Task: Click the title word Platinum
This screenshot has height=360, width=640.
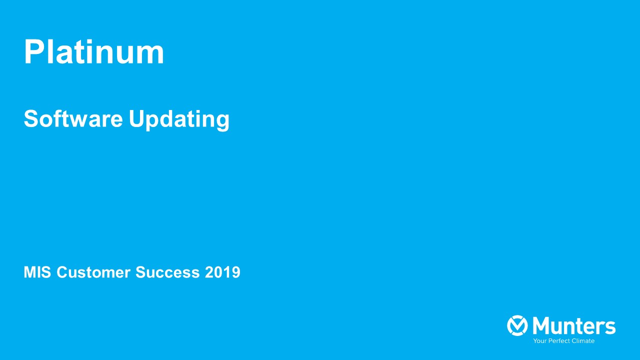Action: click(94, 52)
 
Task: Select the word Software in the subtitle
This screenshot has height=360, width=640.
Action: click(73, 119)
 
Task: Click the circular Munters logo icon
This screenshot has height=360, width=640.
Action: click(517, 325)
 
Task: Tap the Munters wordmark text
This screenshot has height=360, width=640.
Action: click(574, 326)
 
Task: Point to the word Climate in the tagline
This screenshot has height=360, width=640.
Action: click(582, 341)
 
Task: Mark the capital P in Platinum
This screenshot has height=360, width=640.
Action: click(33, 52)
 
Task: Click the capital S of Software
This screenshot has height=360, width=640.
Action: click(31, 119)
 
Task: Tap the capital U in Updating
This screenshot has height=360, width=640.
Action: click(136, 119)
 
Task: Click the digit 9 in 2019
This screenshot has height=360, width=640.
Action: click(235, 272)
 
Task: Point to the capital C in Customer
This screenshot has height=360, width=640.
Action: click(62, 272)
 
